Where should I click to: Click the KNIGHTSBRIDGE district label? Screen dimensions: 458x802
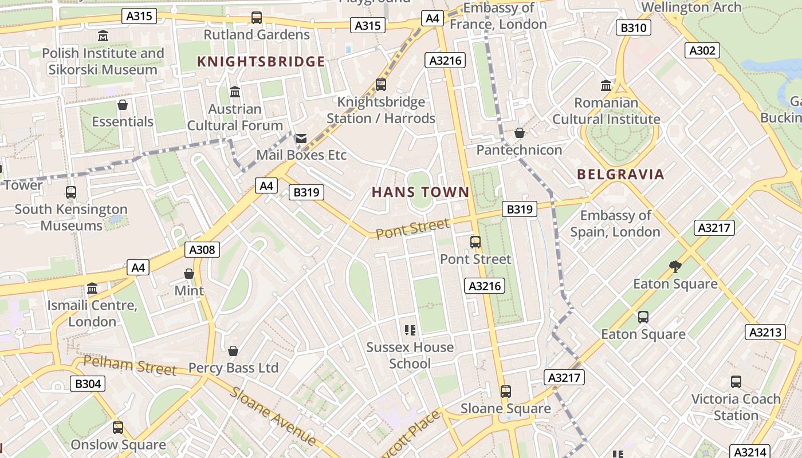[261, 62]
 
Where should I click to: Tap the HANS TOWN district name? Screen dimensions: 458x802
[420, 192]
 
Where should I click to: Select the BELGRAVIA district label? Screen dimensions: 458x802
[620, 175]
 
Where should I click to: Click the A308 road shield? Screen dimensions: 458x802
[202, 250]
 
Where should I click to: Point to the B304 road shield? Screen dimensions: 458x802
[88, 384]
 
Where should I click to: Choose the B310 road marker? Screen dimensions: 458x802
[634, 28]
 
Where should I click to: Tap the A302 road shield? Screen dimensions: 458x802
[702, 50]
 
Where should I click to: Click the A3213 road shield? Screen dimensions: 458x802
[765, 332]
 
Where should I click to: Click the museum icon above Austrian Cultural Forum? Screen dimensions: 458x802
[234, 92]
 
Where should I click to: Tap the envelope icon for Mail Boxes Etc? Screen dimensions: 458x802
[301, 139]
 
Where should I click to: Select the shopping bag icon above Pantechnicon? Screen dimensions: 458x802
[519, 133]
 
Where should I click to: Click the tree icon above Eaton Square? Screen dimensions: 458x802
[675, 266]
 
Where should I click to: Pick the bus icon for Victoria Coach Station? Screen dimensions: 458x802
[736, 381]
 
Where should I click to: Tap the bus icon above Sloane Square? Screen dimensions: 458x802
[505, 392]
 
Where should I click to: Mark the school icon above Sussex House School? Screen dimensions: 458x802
[410, 330]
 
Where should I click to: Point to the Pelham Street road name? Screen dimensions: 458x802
[130, 365]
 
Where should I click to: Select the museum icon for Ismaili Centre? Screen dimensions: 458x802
[92, 288]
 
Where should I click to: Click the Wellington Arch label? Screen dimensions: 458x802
[691, 7]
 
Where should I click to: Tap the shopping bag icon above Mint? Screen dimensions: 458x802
[189, 274]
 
